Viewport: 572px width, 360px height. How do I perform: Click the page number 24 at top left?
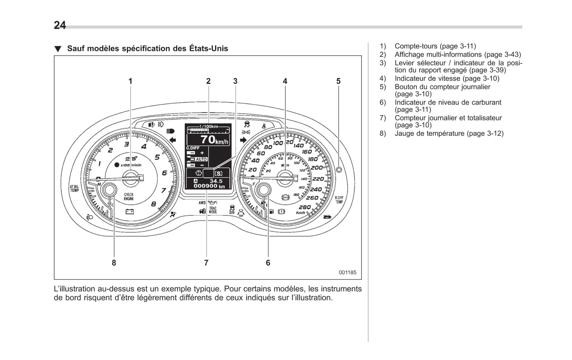pyautogui.click(x=60, y=25)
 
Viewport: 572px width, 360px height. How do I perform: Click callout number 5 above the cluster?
pyautogui.click(x=338, y=81)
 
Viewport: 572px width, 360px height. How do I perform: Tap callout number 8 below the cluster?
pyautogui.click(x=114, y=263)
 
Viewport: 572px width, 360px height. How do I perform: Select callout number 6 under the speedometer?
pyautogui.click(x=268, y=263)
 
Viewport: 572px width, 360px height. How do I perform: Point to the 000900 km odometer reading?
pyautogui.click(x=209, y=186)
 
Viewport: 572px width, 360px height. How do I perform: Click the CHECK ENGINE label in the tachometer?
pyautogui.click(x=129, y=196)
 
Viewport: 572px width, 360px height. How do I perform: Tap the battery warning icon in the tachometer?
pyautogui.click(x=129, y=211)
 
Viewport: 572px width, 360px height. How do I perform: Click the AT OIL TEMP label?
pyautogui.click(x=74, y=189)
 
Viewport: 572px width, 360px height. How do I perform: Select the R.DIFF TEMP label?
pyautogui.click(x=339, y=200)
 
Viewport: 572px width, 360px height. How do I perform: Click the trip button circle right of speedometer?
pyautogui.click(x=338, y=170)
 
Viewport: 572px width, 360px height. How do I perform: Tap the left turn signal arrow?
pyautogui.click(x=172, y=139)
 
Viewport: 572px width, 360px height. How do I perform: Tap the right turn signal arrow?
pyautogui.click(x=243, y=139)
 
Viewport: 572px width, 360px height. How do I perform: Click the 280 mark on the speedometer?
pyautogui.click(x=304, y=207)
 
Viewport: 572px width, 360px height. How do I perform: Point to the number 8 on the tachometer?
pyautogui.click(x=154, y=204)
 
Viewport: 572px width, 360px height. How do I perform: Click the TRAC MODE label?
pyautogui.click(x=213, y=210)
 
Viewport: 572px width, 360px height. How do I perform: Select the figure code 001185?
pyautogui.click(x=347, y=272)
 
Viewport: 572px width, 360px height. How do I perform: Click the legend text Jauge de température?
pyautogui.click(x=429, y=133)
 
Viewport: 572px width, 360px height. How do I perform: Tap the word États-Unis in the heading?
pyautogui.click(x=209, y=49)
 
